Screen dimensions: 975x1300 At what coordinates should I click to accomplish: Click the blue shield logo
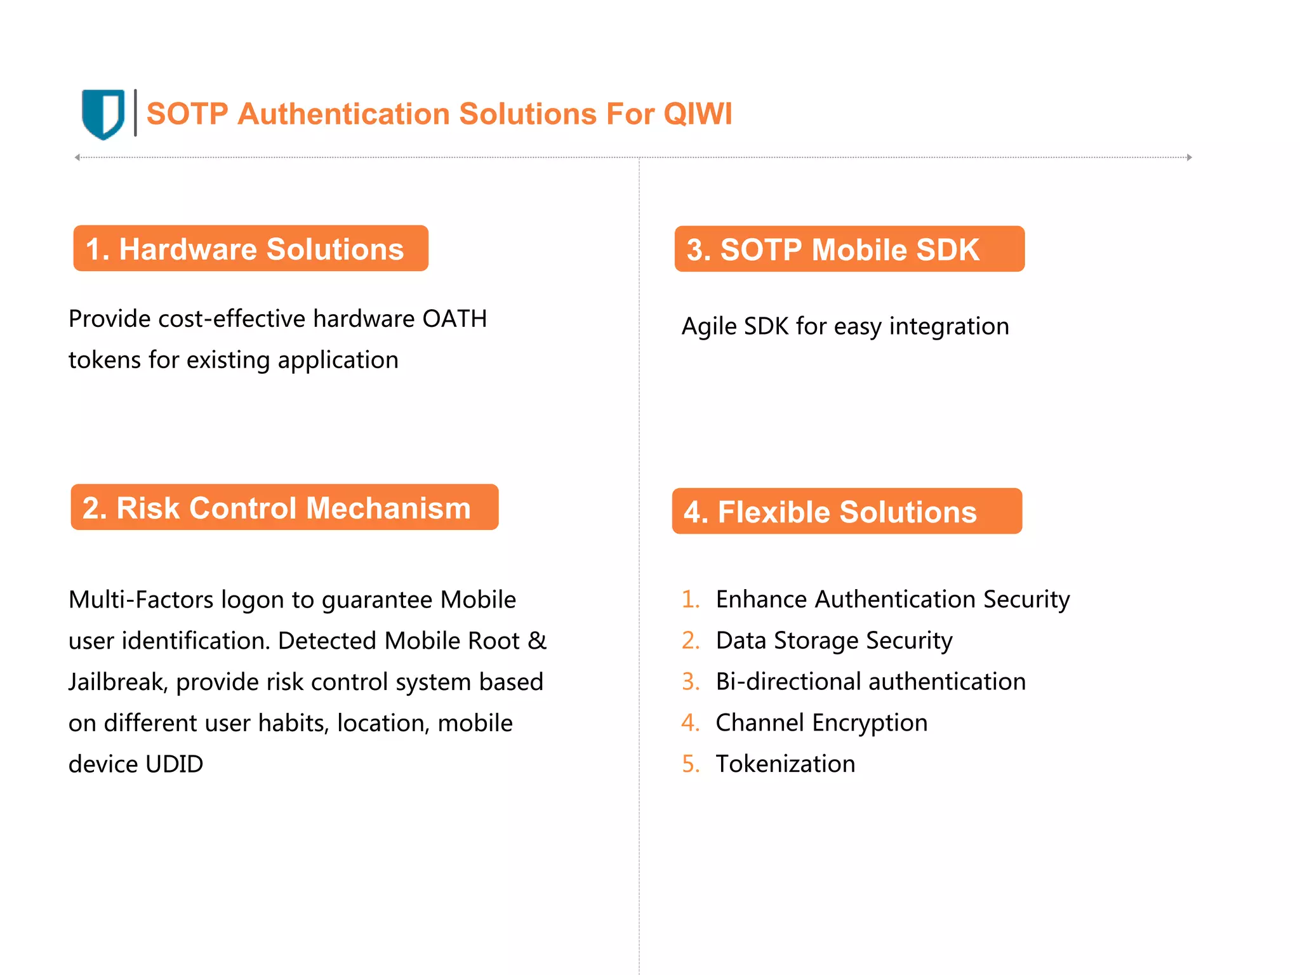(103, 114)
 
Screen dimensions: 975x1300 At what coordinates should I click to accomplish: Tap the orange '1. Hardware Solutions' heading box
(251, 249)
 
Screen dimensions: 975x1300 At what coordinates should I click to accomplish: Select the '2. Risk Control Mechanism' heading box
(284, 508)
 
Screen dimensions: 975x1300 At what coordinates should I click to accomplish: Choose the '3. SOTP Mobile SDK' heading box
(849, 249)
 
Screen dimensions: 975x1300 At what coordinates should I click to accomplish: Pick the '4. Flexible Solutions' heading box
(847, 512)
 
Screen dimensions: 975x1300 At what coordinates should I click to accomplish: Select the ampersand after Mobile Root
(537, 641)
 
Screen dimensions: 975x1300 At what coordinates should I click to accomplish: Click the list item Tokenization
(785, 764)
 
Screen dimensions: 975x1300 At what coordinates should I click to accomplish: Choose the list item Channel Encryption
(821, 723)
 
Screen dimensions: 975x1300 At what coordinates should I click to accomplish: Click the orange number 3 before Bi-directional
(689, 682)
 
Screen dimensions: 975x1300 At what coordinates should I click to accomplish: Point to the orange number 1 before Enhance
(689, 600)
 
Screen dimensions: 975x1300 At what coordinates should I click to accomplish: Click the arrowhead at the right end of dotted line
(1189, 157)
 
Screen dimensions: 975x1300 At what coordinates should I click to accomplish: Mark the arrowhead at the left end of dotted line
(77, 157)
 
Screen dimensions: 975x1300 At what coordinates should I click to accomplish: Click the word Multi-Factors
(140, 600)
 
